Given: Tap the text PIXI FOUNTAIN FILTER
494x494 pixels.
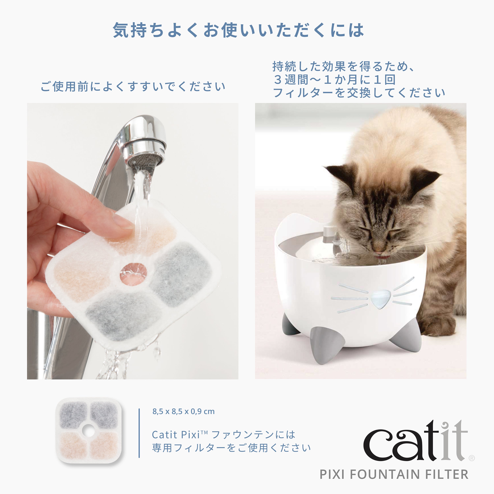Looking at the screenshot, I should [x=394, y=474].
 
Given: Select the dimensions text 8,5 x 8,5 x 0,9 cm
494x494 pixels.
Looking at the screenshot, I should [x=183, y=411].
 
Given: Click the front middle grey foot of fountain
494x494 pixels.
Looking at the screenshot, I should [x=320, y=345].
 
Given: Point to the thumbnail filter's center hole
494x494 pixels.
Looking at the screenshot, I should [x=88, y=430].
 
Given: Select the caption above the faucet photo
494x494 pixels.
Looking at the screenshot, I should [x=133, y=87].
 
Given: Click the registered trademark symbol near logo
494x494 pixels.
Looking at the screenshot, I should [x=472, y=458].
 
